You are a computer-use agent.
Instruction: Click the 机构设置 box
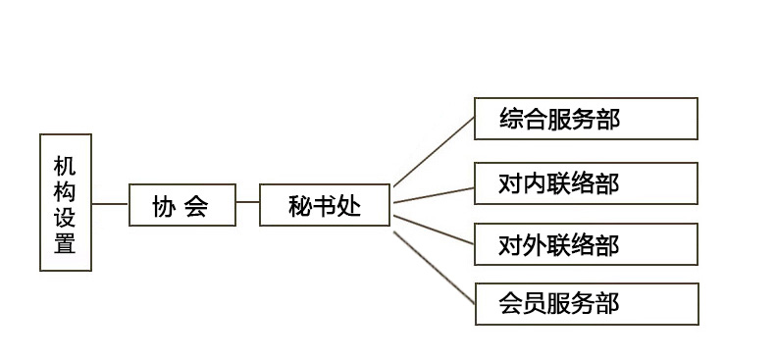point(66,202)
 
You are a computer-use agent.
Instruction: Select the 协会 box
point(182,205)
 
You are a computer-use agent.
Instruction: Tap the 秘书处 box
point(325,205)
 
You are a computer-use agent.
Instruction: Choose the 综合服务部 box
point(586,119)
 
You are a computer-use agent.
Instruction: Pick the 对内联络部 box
point(586,183)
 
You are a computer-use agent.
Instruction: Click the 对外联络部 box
point(586,243)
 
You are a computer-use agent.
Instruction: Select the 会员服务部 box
point(586,303)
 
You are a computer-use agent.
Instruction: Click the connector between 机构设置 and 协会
point(110,204)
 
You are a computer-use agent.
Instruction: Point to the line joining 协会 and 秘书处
point(247,204)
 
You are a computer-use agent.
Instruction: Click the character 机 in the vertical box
point(65,162)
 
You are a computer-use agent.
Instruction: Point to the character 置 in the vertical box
point(65,244)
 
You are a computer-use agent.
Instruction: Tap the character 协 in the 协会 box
point(164,206)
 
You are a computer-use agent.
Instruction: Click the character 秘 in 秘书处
point(300,206)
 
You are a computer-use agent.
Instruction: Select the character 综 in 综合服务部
point(510,120)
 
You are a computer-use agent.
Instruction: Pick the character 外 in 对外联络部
point(535,244)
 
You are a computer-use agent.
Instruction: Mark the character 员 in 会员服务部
point(535,303)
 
